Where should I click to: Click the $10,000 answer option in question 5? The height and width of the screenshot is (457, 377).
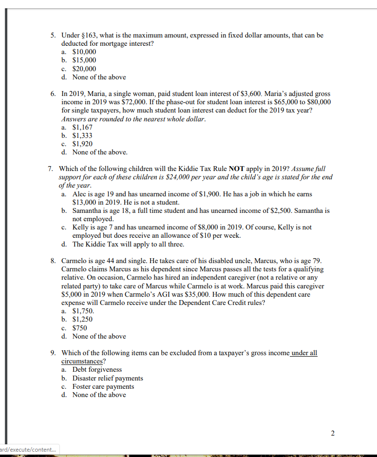click(x=84, y=52)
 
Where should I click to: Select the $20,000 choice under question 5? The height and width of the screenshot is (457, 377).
click(x=84, y=69)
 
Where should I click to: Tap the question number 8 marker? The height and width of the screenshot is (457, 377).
click(x=54, y=261)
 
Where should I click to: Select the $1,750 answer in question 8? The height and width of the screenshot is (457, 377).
click(x=83, y=311)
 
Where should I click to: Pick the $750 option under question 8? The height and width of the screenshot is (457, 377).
click(x=80, y=328)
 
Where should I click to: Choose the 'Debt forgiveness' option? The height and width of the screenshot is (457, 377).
click(x=97, y=370)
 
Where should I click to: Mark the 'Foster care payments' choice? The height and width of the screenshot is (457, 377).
click(x=103, y=386)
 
